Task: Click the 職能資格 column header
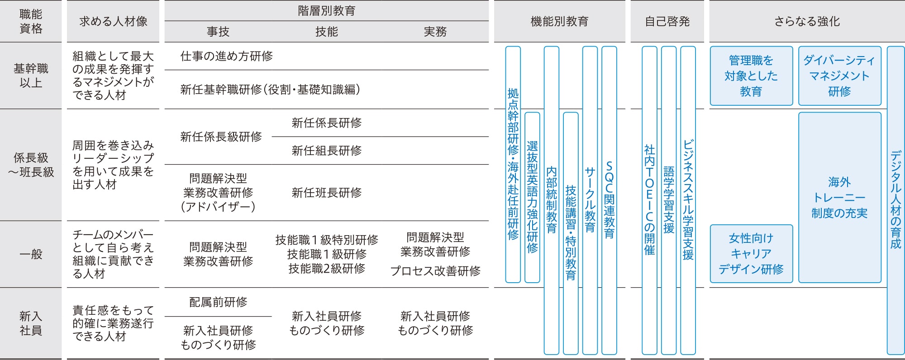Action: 31,21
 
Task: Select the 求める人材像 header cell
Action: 113,21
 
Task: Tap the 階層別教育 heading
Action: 326,10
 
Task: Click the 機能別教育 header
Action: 559,21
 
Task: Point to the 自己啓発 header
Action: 667,21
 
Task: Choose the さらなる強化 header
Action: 807,21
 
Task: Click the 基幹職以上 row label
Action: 31,76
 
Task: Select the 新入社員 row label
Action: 31,323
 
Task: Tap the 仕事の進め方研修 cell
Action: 226,56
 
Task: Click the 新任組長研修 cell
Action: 326,150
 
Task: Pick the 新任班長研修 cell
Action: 326,193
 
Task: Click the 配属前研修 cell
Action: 218,302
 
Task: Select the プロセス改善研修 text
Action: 435,271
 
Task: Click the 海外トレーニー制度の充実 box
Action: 839,197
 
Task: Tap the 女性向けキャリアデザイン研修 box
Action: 751,253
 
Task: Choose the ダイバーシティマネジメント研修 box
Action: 839,76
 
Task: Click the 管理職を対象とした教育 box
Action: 751,76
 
